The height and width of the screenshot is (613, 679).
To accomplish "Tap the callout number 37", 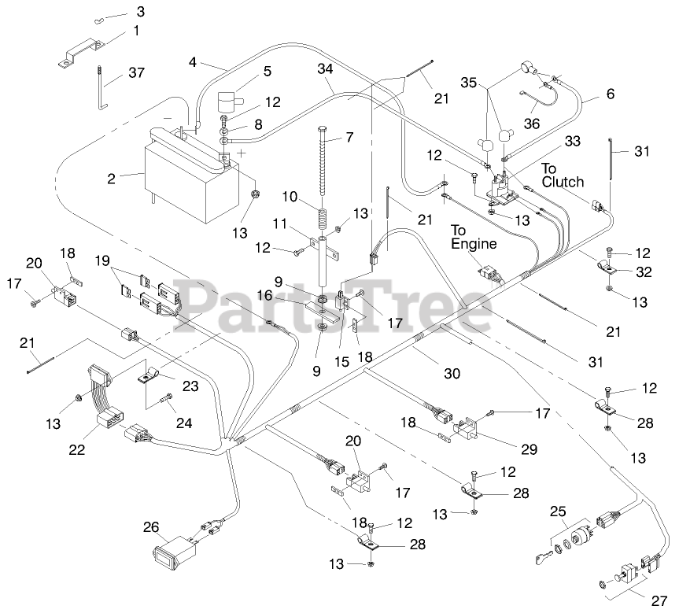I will (x=137, y=74).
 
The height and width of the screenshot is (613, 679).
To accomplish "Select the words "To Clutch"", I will (x=563, y=175).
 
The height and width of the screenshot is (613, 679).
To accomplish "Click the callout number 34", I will (x=324, y=68).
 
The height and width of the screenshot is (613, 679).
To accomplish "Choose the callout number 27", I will (x=659, y=597).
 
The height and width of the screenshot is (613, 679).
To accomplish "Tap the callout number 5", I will (x=268, y=71).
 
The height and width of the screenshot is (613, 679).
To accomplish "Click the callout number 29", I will (x=528, y=449).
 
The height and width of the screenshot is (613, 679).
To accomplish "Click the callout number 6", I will (x=609, y=94).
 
